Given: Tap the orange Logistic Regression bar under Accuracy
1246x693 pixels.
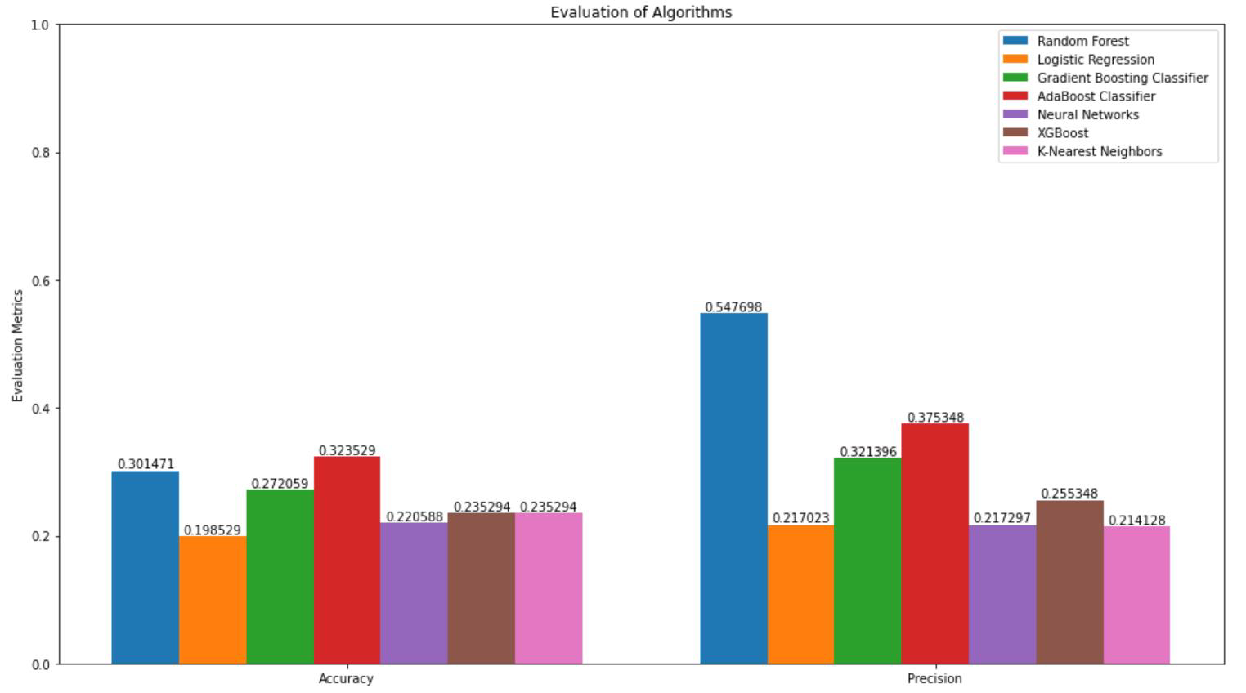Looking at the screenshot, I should pos(213,600).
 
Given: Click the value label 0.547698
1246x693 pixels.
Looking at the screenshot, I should pos(733,307).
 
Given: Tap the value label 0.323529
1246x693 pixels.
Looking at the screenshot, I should pos(347,450).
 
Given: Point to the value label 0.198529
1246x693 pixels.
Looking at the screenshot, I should pos(213,530).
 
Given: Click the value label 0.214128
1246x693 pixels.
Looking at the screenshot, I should pos(1136,521).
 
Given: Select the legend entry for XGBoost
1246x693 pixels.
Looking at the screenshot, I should pos(1062,133).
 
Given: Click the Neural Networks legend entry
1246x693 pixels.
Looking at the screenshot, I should pos(1087,114).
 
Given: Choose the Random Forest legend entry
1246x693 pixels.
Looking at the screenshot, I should pos(1082,41).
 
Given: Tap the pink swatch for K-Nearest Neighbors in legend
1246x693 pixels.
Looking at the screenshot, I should pos(1015,151).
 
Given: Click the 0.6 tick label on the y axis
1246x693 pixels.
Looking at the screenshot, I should pos(40,280).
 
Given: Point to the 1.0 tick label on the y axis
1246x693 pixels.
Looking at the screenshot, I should pos(40,25).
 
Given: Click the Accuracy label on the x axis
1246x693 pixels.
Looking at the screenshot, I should pos(346,678).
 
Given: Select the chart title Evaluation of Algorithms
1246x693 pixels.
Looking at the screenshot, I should pos(641,12).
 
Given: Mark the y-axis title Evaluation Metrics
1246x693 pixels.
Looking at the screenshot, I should pos(18,346).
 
